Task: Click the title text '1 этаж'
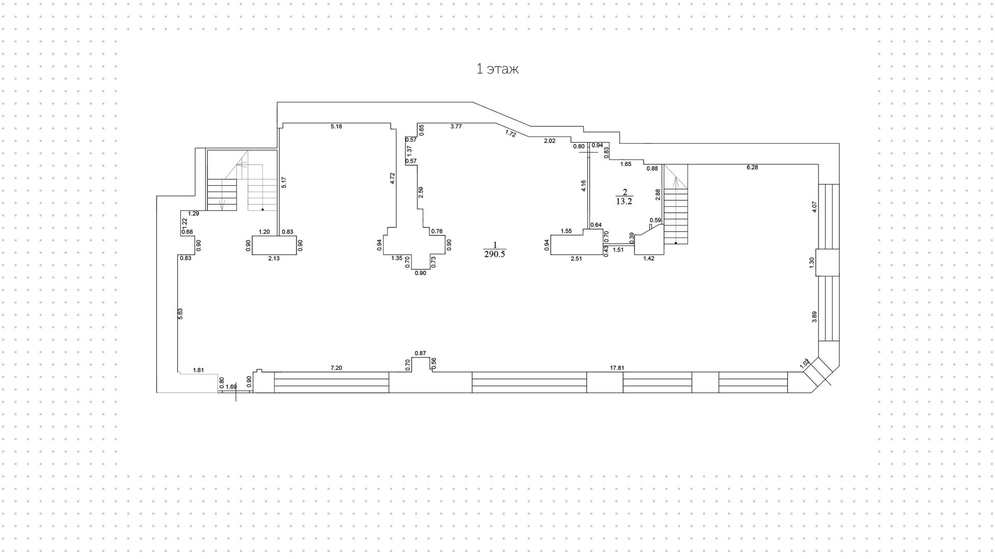click(x=497, y=69)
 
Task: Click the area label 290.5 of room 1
click(x=494, y=254)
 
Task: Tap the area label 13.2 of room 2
click(x=624, y=202)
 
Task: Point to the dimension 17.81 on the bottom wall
click(x=617, y=368)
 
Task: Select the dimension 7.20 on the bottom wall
click(x=336, y=368)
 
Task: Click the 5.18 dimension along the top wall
click(x=336, y=127)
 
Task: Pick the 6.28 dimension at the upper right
click(x=752, y=167)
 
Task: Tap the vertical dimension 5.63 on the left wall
click(x=181, y=314)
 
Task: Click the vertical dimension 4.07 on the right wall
click(x=814, y=207)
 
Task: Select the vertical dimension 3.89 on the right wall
click(x=814, y=317)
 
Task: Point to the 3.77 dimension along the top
click(x=456, y=127)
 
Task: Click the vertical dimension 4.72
click(x=393, y=178)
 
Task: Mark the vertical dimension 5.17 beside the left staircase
click(x=284, y=183)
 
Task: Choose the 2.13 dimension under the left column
click(x=274, y=258)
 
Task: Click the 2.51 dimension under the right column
click(x=576, y=259)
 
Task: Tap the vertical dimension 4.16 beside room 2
click(x=584, y=186)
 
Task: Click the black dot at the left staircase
click(x=262, y=210)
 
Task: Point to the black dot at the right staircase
click(x=676, y=243)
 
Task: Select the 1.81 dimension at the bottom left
click(x=198, y=370)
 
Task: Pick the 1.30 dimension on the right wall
click(x=812, y=262)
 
